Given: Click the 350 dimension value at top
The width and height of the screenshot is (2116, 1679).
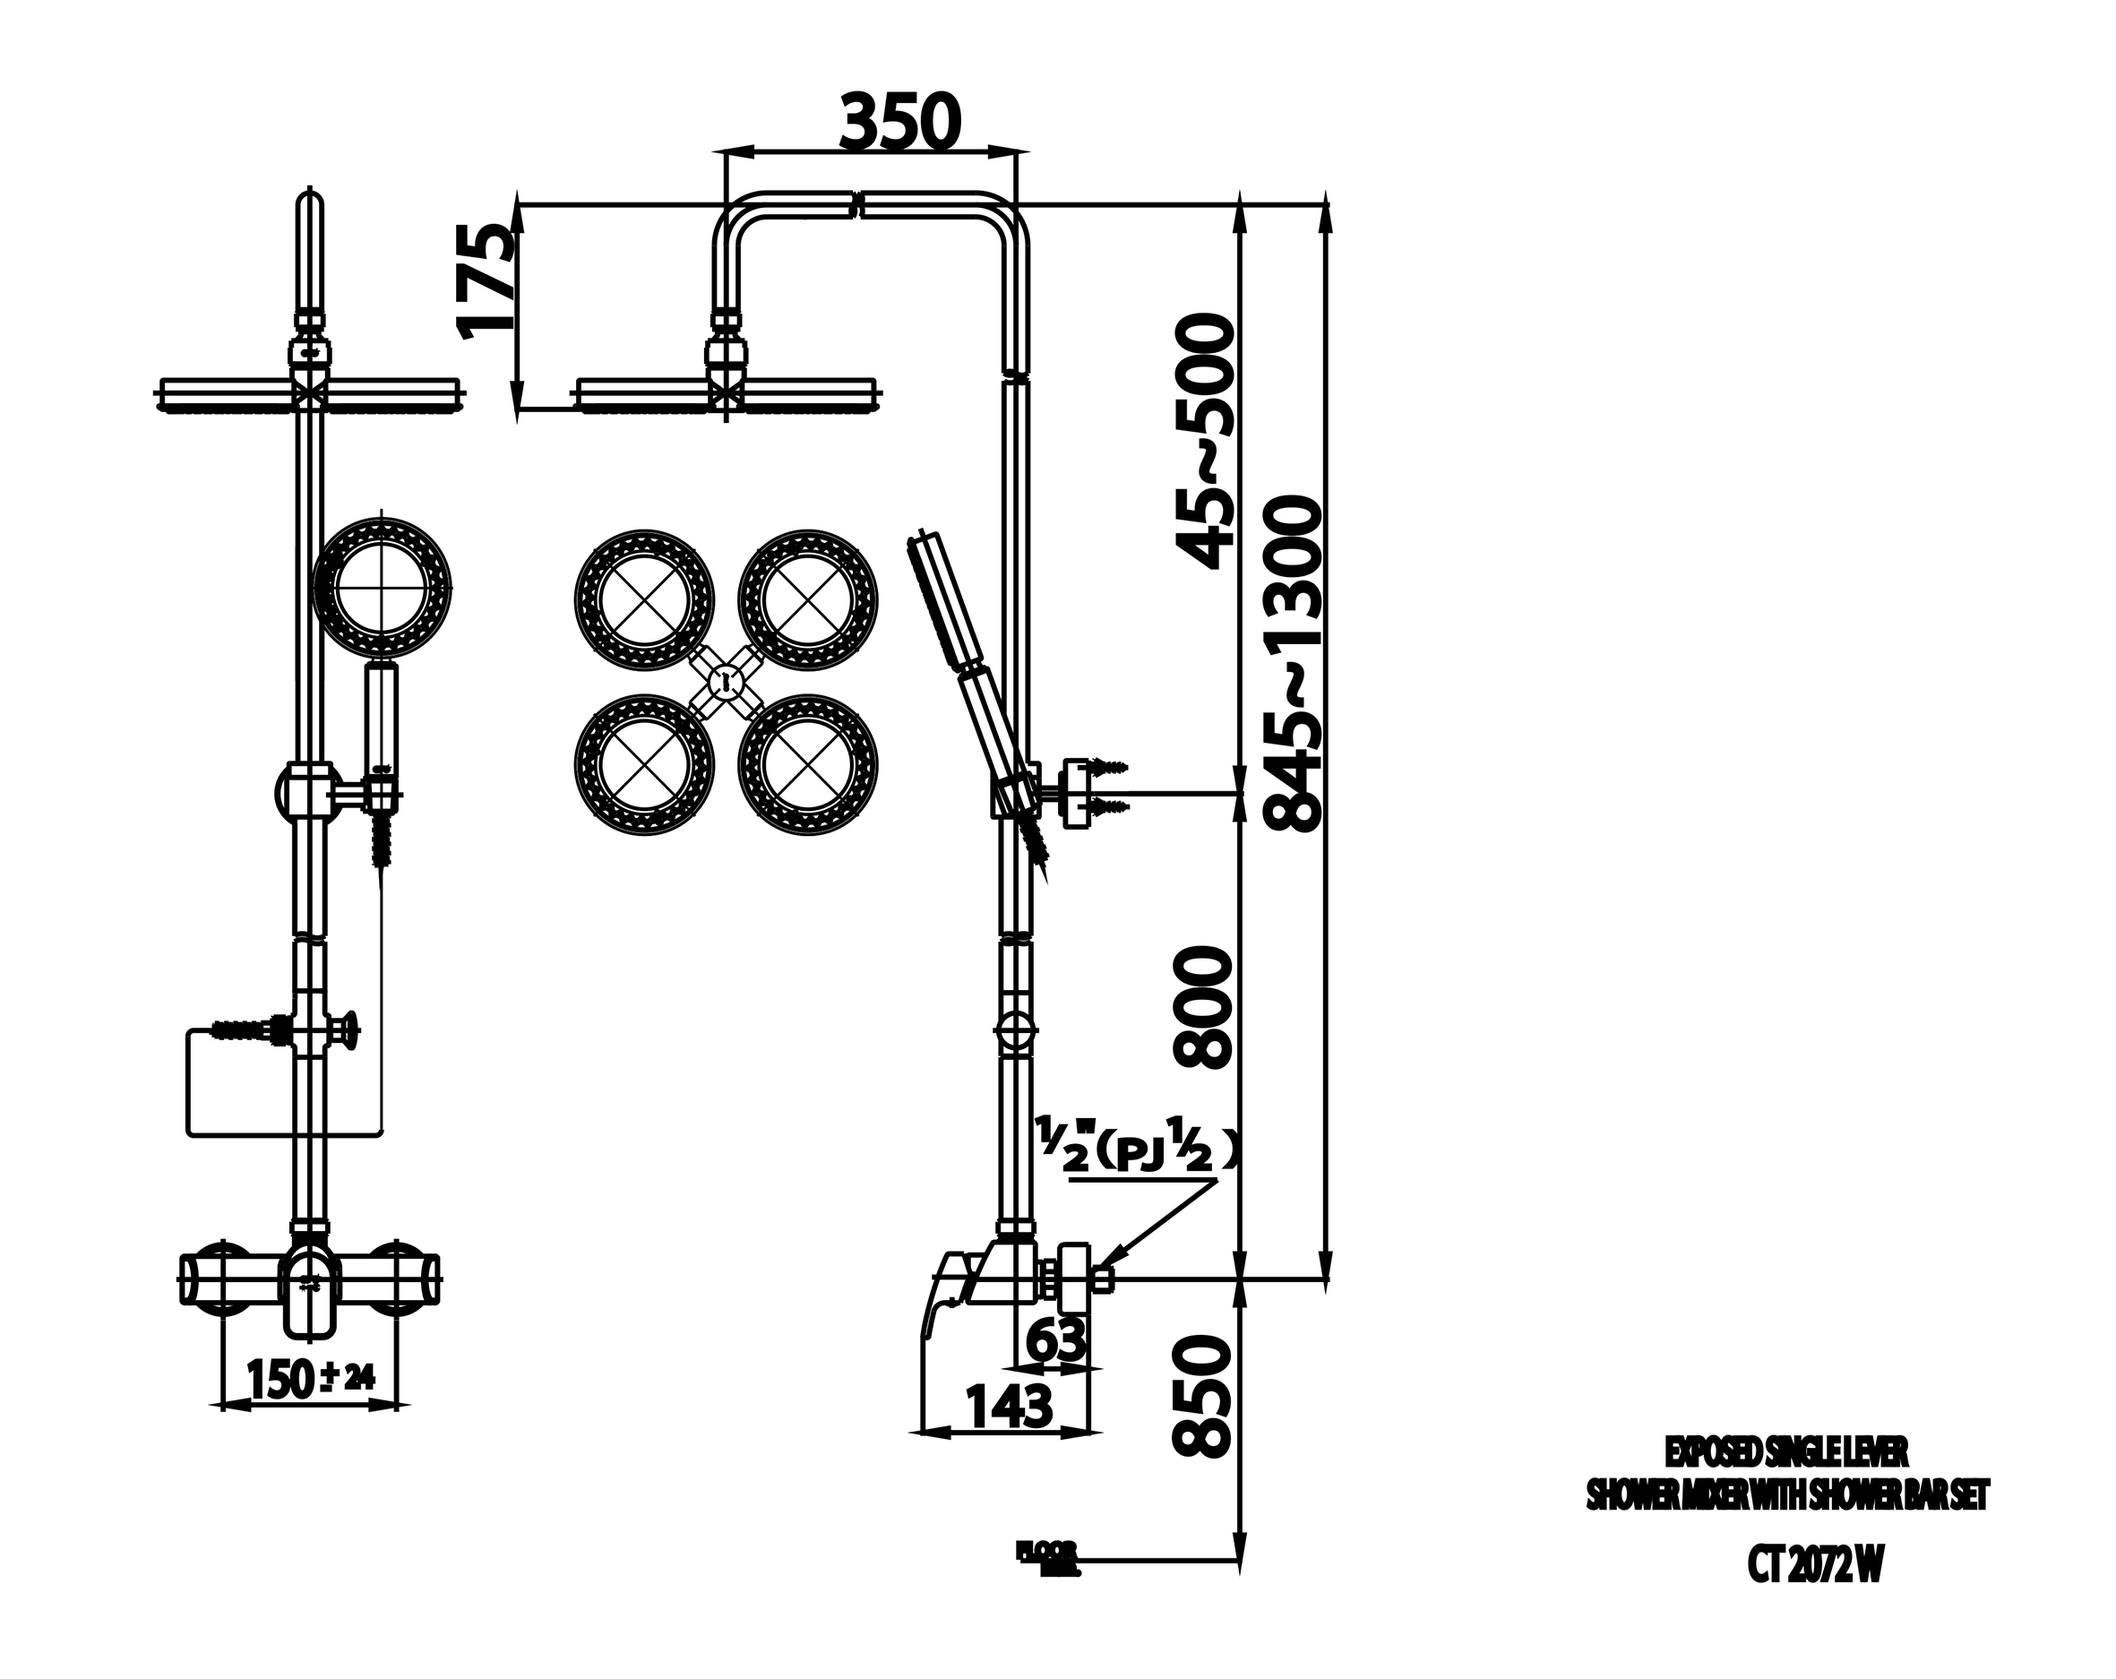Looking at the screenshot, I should click(x=900, y=123).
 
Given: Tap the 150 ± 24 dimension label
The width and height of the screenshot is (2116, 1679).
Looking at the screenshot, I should click(x=310, y=1380).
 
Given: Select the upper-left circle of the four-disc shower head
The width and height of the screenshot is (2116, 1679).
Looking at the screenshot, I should click(x=644, y=600).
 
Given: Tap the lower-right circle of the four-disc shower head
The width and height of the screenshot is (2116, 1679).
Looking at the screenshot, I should click(x=808, y=764).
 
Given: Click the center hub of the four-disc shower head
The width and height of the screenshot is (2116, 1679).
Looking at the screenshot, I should click(x=726, y=682).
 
